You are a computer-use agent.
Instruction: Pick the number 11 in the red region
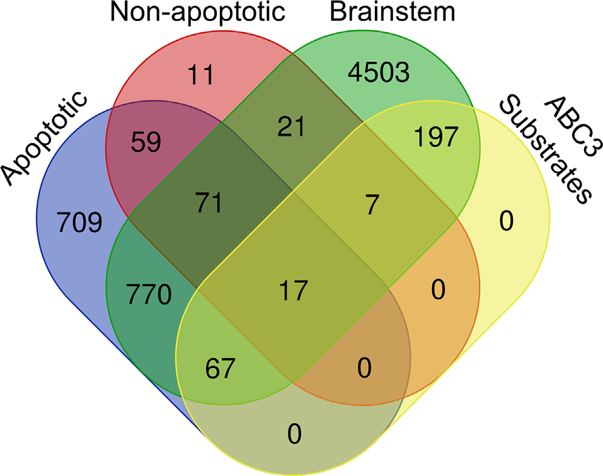point(201,76)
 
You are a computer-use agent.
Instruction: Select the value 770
point(149,295)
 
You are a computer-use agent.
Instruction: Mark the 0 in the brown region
point(364,367)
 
